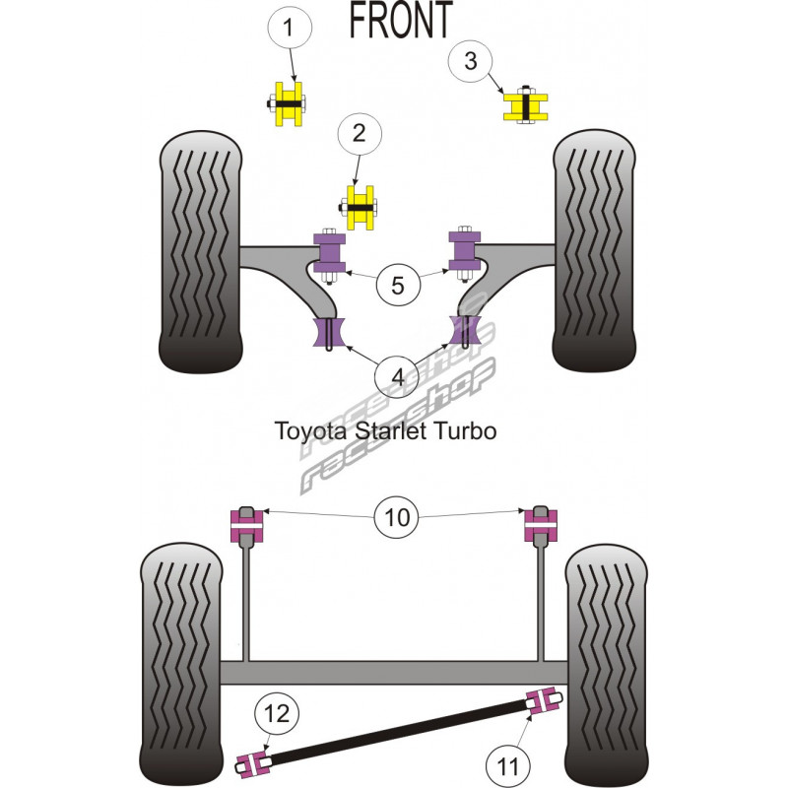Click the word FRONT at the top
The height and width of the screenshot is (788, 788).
pyautogui.click(x=400, y=20)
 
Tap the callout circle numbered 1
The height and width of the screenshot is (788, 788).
pyautogui.click(x=288, y=30)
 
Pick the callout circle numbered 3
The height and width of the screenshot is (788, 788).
pyautogui.click(x=471, y=61)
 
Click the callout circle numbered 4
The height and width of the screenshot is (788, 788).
pyautogui.click(x=397, y=376)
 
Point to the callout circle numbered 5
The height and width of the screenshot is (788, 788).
pyautogui.click(x=397, y=286)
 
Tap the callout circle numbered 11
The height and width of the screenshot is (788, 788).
pyautogui.click(x=508, y=761)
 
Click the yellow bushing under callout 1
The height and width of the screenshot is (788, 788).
pyautogui.click(x=289, y=101)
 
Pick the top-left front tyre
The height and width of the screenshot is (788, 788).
pyautogui.click(x=201, y=253)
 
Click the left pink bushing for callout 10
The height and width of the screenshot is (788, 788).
pyautogui.click(x=247, y=524)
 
